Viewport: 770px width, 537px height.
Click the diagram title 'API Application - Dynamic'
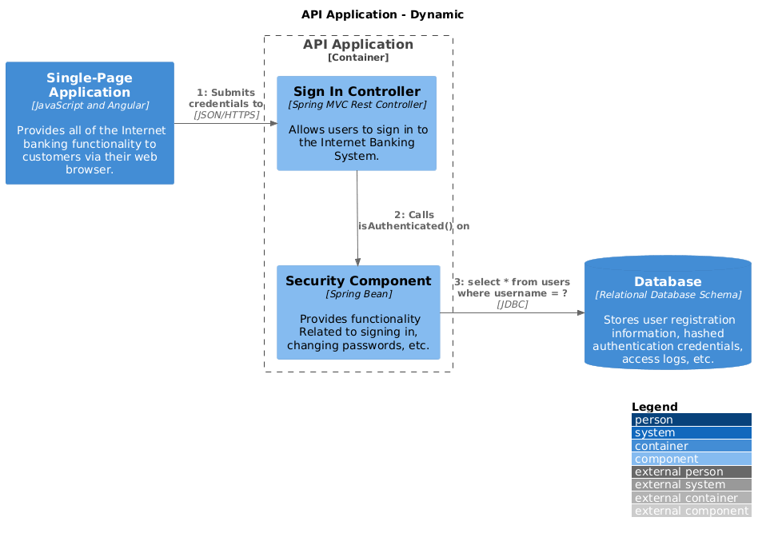tap(382, 14)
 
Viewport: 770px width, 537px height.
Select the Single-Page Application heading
tap(90, 85)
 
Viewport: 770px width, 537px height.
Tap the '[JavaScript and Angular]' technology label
tap(90, 105)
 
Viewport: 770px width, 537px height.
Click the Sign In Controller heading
tap(357, 91)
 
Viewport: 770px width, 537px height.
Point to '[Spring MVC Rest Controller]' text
tap(357, 105)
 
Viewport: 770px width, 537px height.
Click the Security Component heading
tap(358, 280)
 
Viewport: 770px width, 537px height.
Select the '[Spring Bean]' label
tap(358, 294)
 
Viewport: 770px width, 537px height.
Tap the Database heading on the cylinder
tap(668, 281)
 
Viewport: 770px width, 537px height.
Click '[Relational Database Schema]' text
tap(668, 295)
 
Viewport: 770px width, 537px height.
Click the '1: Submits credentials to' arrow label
tap(225, 98)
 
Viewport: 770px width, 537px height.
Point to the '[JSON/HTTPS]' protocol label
tap(226, 115)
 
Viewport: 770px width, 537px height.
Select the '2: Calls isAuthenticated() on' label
tap(413, 221)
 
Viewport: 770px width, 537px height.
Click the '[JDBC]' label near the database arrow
tap(512, 304)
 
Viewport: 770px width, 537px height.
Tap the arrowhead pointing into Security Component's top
tap(358, 261)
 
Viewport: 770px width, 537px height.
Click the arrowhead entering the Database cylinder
tap(580, 312)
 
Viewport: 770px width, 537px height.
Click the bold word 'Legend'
tap(654, 407)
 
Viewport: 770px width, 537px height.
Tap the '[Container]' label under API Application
tap(358, 58)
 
